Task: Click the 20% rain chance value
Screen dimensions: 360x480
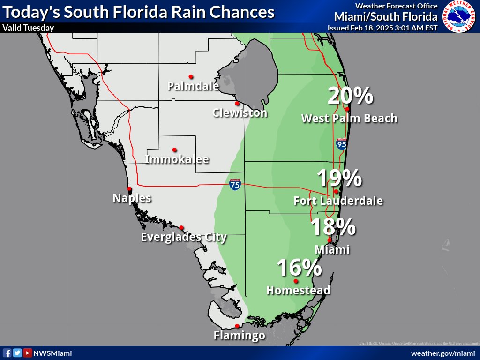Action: point(350,96)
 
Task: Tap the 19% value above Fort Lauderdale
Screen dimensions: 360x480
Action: point(339,179)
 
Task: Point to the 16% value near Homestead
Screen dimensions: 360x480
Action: point(299,268)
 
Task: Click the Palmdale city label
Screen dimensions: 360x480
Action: point(193,86)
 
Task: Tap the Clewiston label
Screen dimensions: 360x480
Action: point(240,113)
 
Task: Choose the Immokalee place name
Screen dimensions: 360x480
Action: point(177,159)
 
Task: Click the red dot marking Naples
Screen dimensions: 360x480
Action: point(129,189)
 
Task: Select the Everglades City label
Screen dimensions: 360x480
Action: point(184,237)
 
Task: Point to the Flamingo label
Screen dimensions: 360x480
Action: point(239,336)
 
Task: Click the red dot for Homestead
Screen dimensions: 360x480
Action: point(296,281)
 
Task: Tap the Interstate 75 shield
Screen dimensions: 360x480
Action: point(235,184)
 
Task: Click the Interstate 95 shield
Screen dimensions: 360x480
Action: point(341,144)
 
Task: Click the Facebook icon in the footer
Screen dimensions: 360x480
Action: point(7,353)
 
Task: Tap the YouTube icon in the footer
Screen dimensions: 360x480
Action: point(28,353)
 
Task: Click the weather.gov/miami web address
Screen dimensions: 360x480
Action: point(440,353)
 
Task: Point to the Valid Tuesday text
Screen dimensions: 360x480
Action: point(28,28)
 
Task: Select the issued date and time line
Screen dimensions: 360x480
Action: point(382,28)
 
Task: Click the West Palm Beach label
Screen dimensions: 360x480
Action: point(349,119)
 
